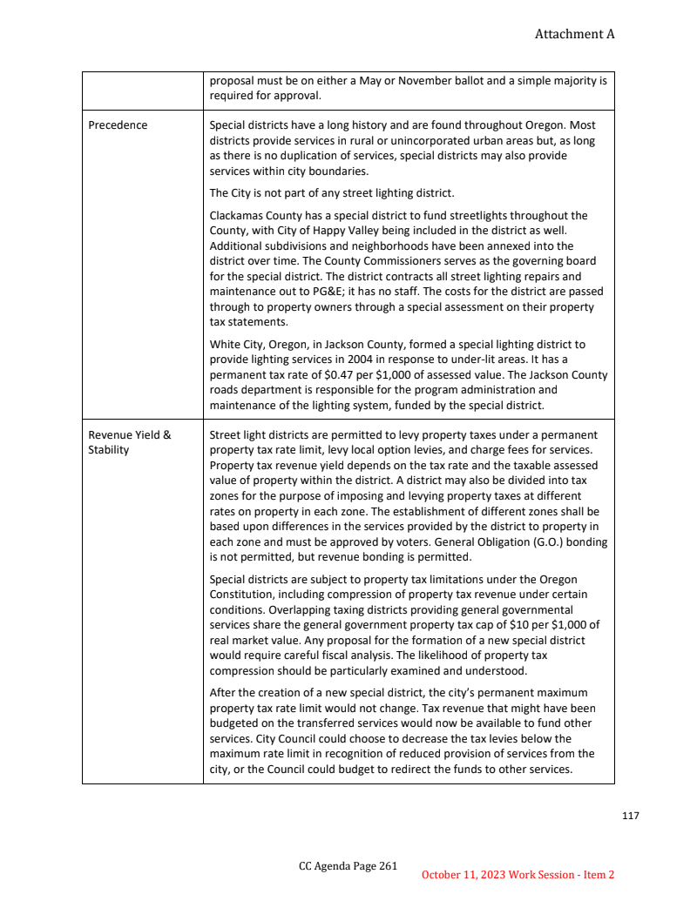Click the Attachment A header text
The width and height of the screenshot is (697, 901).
click(574, 34)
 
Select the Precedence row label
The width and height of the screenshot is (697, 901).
click(118, 124)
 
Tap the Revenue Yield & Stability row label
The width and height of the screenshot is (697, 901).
click(130, 442)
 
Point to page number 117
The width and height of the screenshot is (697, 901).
click(631, 816)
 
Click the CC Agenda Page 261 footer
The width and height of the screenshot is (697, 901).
click(348, 865)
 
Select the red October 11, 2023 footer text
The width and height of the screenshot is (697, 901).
click(518, 874)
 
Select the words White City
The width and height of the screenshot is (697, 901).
click(235, 344)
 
